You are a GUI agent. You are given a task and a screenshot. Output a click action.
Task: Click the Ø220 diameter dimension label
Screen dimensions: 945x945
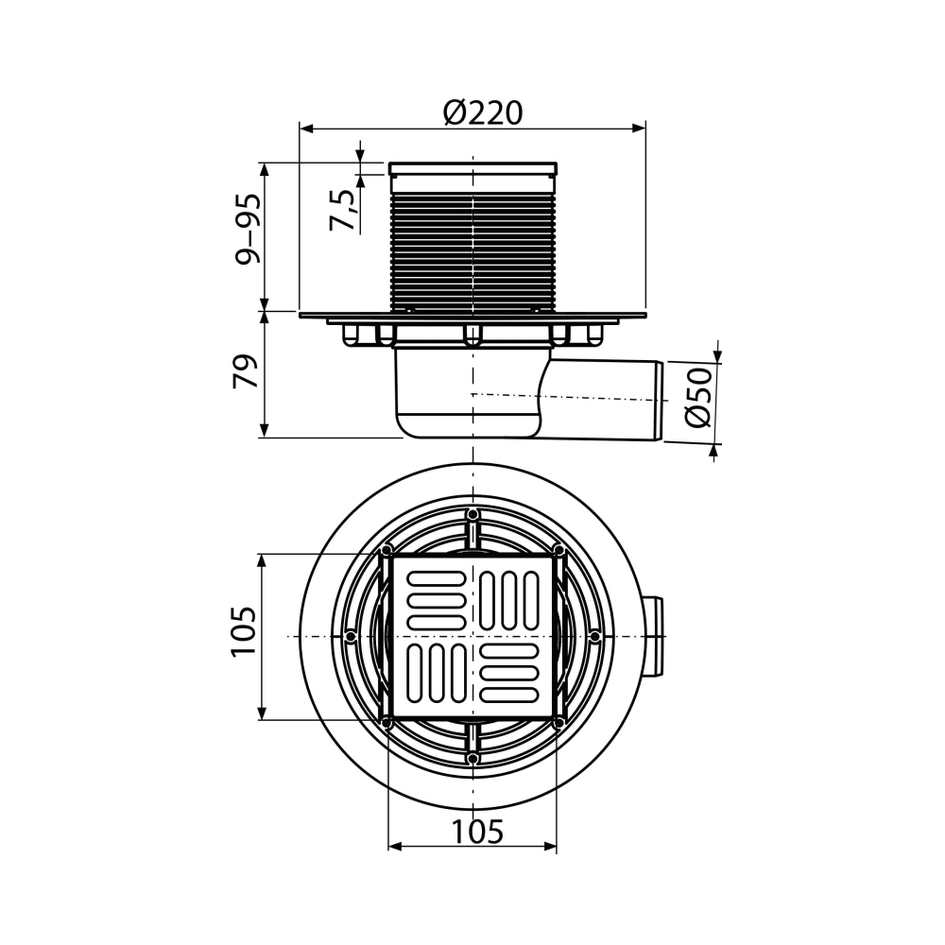[x=482, y=113]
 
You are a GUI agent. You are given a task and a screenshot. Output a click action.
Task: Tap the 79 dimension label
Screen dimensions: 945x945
[x=248, y=372]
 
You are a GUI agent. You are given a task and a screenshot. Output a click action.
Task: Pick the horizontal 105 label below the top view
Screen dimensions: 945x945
[x=476, y=832]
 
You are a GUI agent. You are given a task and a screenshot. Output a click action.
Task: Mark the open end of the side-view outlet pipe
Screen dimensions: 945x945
[x=659, y=400]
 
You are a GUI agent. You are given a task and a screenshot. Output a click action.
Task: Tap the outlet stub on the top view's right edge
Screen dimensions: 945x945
[x=654, y=637]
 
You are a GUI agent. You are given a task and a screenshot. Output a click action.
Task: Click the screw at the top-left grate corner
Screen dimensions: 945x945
[x=387, y=551]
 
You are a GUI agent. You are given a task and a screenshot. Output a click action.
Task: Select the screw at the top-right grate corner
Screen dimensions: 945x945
[x=558, y=551]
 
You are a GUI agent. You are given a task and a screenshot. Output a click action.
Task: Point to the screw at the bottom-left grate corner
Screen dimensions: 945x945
[x=387, y=723]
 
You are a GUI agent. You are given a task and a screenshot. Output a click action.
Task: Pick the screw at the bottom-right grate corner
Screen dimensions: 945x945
[x=558, y=723]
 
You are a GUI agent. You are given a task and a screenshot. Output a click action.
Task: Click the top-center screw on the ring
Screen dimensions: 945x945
[x=472, y=515]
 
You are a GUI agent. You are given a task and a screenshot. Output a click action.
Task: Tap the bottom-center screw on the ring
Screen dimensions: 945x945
[x=472, y=759]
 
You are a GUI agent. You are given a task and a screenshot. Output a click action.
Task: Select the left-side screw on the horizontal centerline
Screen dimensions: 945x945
[x=351, y=637]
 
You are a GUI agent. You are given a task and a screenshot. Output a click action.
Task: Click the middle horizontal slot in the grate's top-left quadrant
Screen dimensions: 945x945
[x=434, y=600]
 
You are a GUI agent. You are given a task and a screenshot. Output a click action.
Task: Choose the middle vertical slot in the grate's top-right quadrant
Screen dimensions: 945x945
[x=510, y=600]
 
